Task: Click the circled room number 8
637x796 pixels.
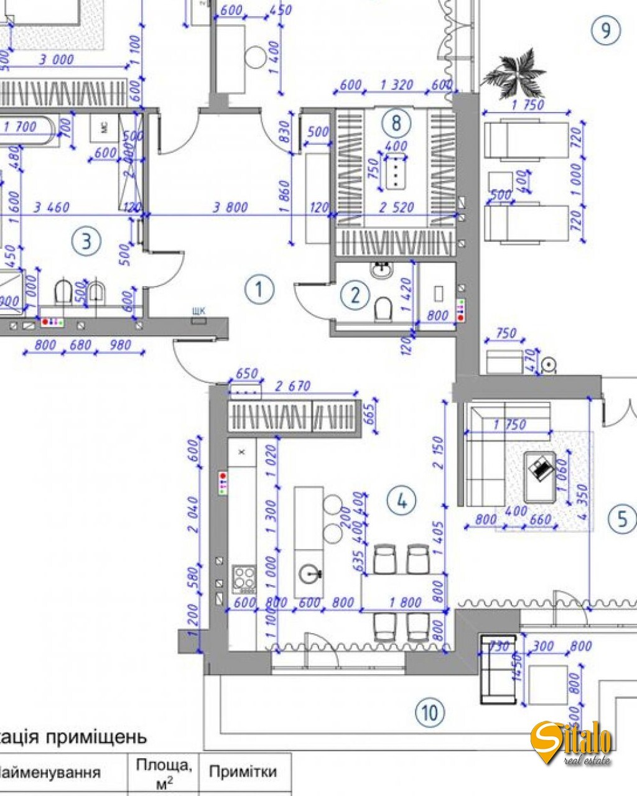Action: [x=396, y=123]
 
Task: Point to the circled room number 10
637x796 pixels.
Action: [x=430, y=712]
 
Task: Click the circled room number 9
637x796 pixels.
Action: [x=605, y=29]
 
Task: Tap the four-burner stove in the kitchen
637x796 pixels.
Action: [x=244, y=578]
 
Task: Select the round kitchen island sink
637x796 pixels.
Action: [x=309, y=573]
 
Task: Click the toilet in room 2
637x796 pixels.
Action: [x=384, y=309]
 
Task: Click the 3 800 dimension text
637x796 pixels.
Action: [x=230, y=207]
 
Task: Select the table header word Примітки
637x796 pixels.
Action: [x=243, y=772]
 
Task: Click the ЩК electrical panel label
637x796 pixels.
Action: [x=200, y=312]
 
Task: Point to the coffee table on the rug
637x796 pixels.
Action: [x=540, y=476]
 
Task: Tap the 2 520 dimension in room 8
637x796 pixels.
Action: [x=396, y=207]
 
